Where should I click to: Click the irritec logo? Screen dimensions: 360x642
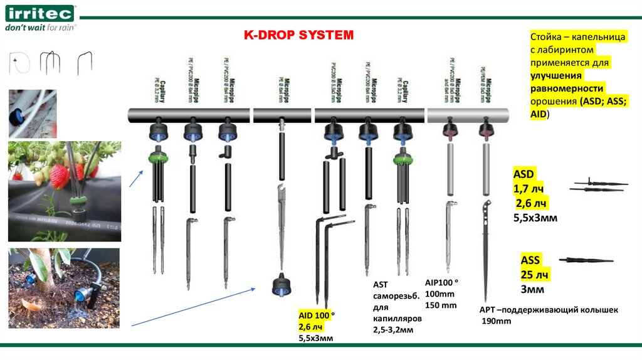[39, 13]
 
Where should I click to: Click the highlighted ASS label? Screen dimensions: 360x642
[530, 260]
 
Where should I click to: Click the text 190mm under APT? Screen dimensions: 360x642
[496, 321]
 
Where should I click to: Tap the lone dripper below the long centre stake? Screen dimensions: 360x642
[280, 286]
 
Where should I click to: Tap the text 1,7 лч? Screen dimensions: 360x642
[530, 188]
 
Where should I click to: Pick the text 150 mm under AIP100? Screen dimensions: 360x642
[441, 305]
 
